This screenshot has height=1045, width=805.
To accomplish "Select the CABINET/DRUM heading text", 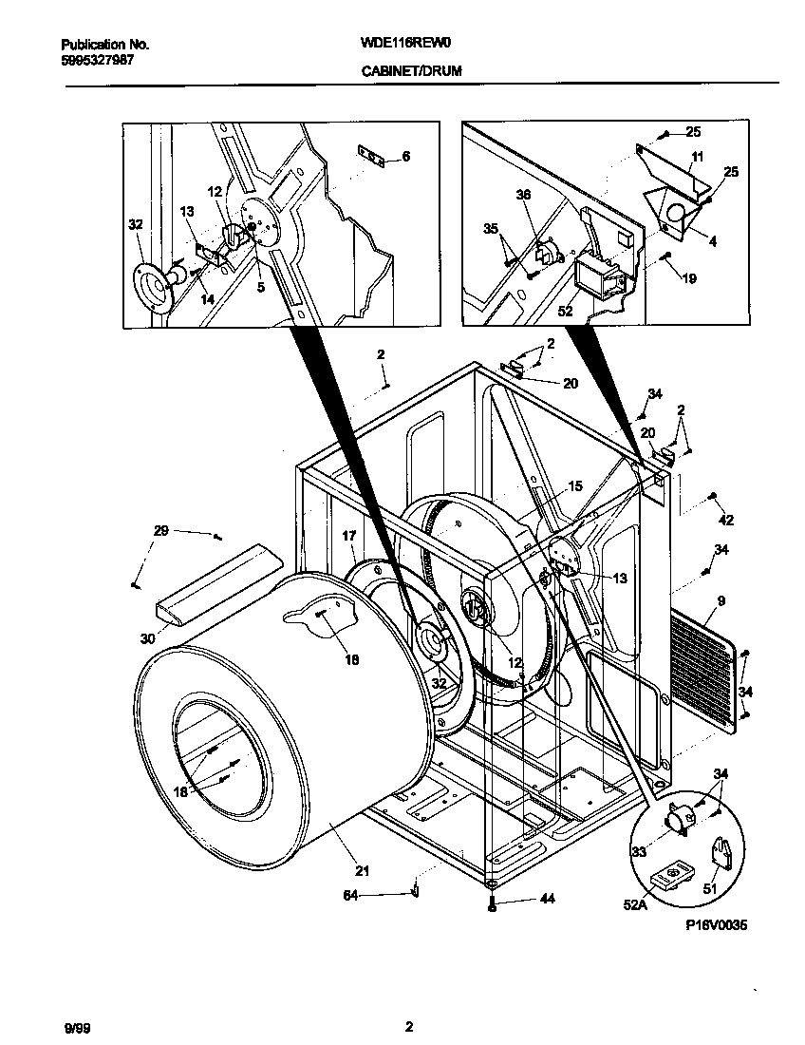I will tap(411, 70).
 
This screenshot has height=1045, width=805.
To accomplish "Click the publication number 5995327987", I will tap(97, 59).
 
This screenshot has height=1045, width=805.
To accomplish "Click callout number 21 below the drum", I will tap(362, 870).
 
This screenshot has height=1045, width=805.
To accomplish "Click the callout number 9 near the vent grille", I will tap(721, 600).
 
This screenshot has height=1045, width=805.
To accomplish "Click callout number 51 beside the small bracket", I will tap(710, 888).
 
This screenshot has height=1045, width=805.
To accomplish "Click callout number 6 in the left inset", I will tap(406, 157).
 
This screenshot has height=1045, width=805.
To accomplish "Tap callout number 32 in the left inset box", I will tap(136, 225).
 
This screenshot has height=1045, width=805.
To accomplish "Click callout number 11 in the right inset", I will tap(697, 156).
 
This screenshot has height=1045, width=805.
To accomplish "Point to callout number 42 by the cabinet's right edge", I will tap(726, 520).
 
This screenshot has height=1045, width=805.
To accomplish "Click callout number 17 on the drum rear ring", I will tap(349, 537).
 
